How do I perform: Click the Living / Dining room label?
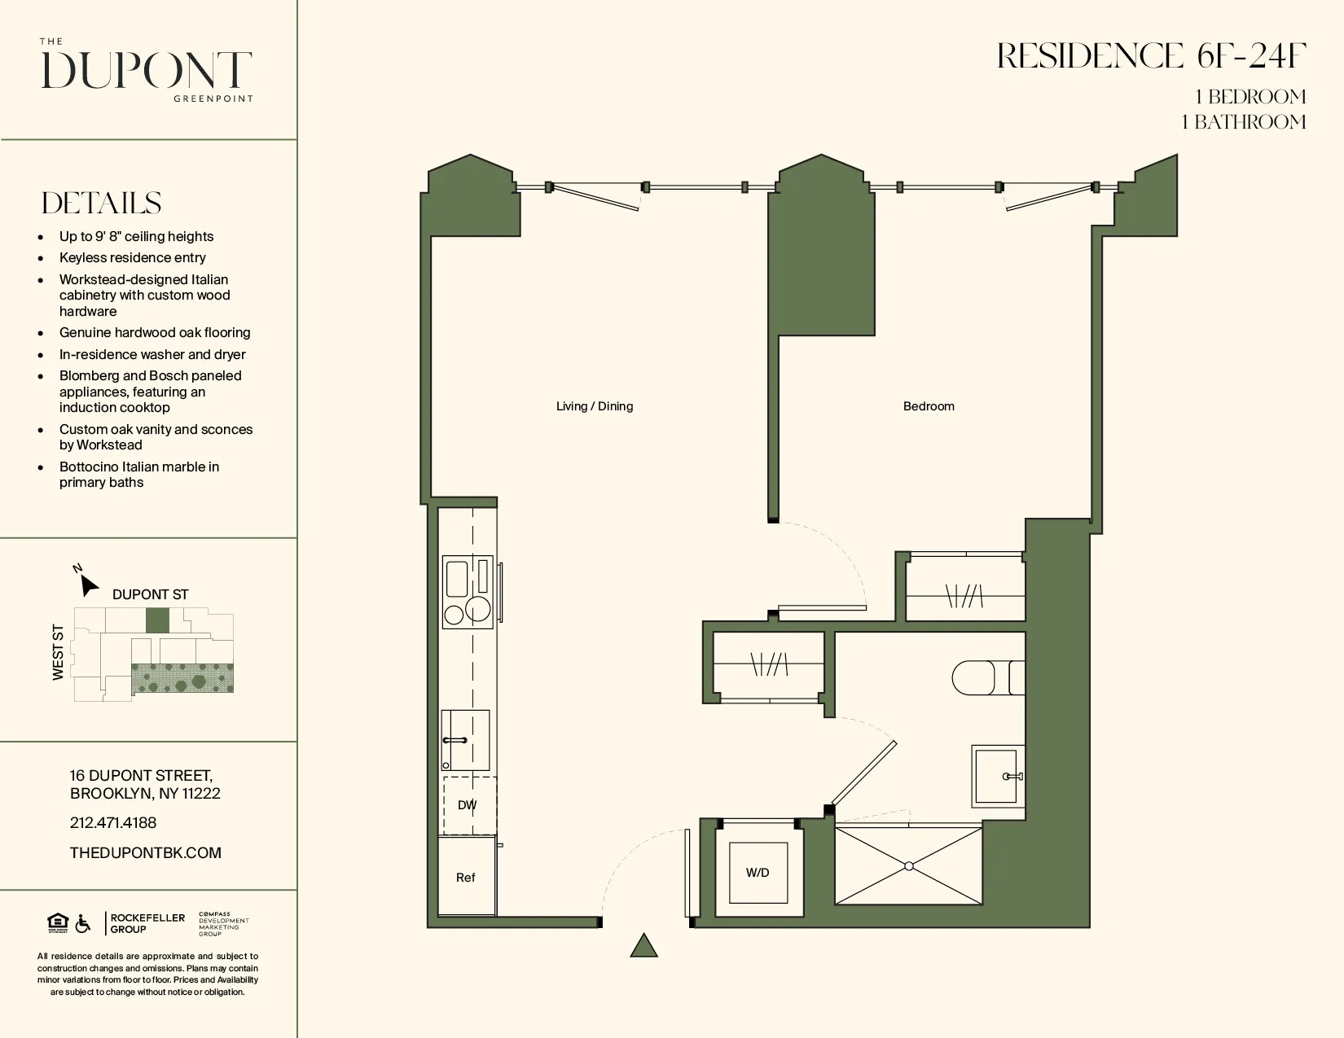click(x=594, y=406)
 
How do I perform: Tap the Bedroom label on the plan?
click(x=928, y=406)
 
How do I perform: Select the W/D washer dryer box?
click(x=758, y=873)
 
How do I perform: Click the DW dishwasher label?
click(x=467, y=805)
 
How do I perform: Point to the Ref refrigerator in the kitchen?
click(x=466, y=878)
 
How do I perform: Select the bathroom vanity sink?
click(x=998, y=776)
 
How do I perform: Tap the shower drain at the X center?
click(x=909, y=866)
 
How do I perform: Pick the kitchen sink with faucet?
click(x=465, y=740)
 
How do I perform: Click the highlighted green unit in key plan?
click(x=157, y=620)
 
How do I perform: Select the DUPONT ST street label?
click(x=150, y=594)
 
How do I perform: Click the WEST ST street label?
click(x=58, y=652)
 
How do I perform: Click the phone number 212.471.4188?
click(x=113, y=822)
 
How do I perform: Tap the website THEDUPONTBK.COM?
click(x=146, y=852)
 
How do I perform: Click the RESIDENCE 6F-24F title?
click(x=1151, y=56)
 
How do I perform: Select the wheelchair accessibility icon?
click(x=83, y=924)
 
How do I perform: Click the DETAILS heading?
click(x=101, y=203)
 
